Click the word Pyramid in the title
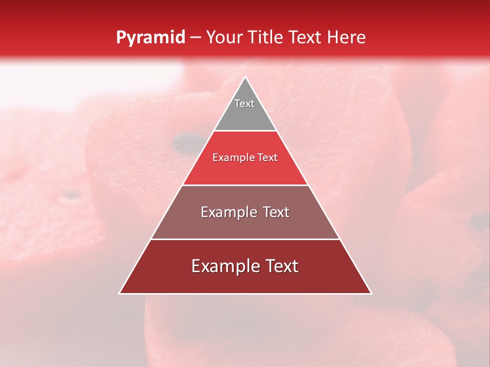pos(150,38)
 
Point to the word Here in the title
pos(348,37)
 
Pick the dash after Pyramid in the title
pos(195,38)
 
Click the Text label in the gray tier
pos(244,103)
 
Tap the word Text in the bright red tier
pos(267,158)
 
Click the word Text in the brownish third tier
pos(276,212)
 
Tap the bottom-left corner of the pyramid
pos(119,294)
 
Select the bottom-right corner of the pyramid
pos(371,294)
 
